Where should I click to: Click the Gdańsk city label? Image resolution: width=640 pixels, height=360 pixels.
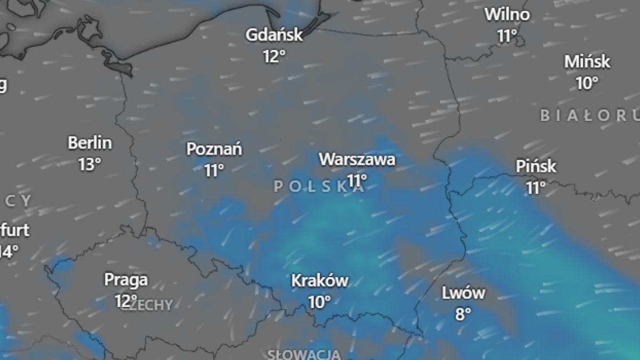[x=274, y=35]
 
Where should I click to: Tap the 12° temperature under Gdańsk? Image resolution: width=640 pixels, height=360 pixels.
[x=274, y=56]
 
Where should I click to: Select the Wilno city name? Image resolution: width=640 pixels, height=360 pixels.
[x=507, y=14]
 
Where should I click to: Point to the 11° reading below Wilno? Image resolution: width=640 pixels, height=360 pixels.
[x=508, y=36]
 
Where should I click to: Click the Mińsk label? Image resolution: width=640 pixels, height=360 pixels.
[x=587, y=62]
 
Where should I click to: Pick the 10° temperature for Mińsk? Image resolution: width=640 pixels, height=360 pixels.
[x=587, y=83]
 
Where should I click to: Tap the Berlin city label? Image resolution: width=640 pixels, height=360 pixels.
[x=90, y=143]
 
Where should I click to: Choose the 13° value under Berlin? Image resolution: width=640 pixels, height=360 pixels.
[x=90, y=164]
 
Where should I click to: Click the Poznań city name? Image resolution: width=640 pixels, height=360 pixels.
[x=214, y=149]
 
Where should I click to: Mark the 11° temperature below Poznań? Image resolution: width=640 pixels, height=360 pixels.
[x=214, y=170]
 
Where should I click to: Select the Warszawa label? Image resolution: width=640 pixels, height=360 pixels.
[x=357, y=159]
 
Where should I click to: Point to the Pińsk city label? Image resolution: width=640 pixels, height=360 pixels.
[x=536, y=166]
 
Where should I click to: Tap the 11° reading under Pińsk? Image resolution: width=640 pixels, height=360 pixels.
[x=536, y=188]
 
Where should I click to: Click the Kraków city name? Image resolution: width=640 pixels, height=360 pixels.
[x=320, y=281]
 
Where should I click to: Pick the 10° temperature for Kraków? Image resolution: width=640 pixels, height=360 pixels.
[x=319, y=302]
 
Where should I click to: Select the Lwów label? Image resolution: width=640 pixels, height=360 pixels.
[x=463, y=293]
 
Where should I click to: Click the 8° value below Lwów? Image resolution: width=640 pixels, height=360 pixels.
[x=463, y=314]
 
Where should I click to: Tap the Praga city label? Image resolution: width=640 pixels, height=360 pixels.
[x=126, y=279]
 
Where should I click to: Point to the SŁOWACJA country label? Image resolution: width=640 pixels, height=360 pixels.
[x=305, y=354]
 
